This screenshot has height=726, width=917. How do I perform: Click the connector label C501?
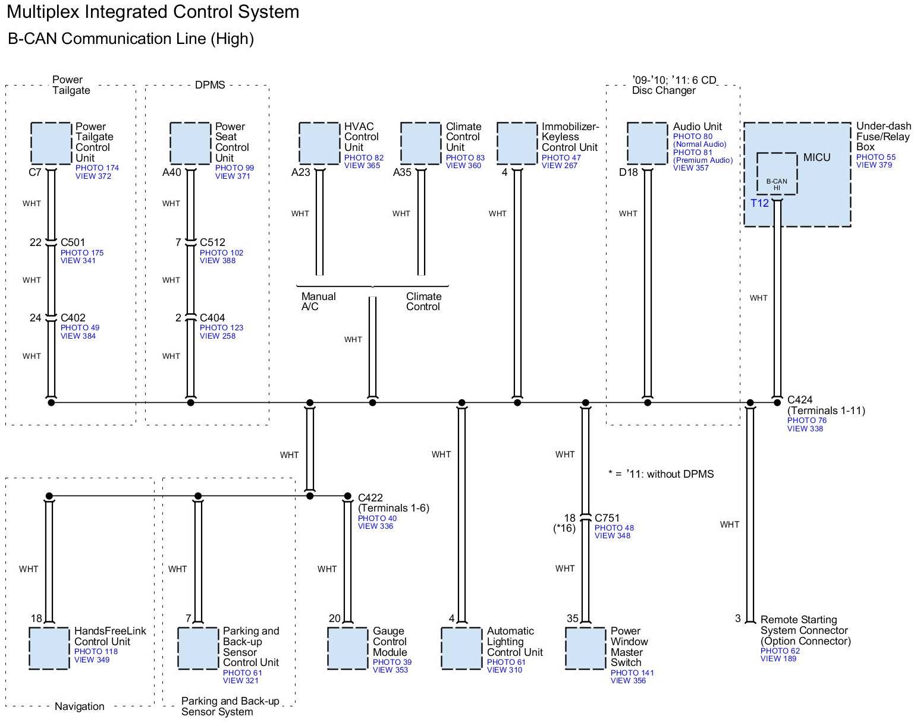73,242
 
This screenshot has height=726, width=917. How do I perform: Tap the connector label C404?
212,318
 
